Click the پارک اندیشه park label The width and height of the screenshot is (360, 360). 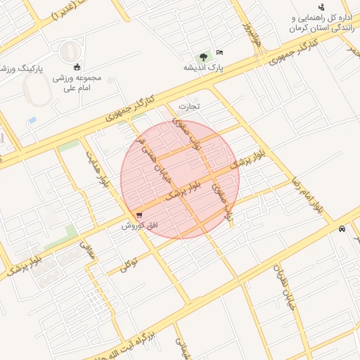(x=203, y=67)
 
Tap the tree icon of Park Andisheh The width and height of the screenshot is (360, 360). (x=204, y=56)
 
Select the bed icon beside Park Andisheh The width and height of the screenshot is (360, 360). (x=219, y=53)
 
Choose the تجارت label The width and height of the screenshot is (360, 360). (x=189, y=107)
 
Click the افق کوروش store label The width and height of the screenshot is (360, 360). (x=136, y=225)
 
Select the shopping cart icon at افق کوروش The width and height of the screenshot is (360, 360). (x=139, y=214)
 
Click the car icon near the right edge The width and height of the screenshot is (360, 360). (x=342, y=229)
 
